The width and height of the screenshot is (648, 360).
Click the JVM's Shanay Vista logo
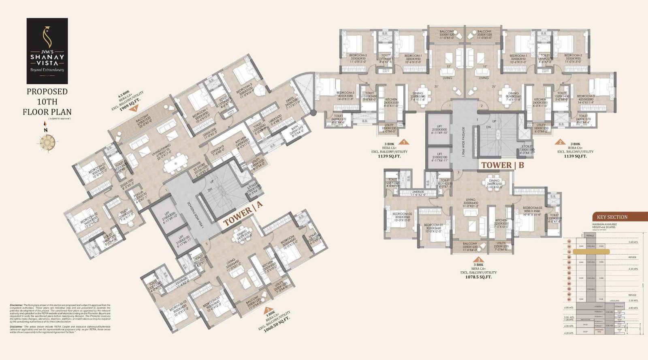click(x=47, y=51)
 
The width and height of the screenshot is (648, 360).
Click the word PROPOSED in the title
click(x=47, y=92)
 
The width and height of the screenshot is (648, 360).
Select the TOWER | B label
click(x=502, y=165)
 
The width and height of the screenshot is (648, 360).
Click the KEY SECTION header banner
click(x=612, y=217)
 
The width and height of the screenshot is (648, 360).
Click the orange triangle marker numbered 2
click(x=560, y=142)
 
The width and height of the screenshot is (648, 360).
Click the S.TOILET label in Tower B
click(x=527, y=148)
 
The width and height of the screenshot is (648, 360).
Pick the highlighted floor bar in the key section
click(x=594, y=252)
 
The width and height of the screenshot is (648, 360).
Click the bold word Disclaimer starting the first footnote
click(x=16, y=305)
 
